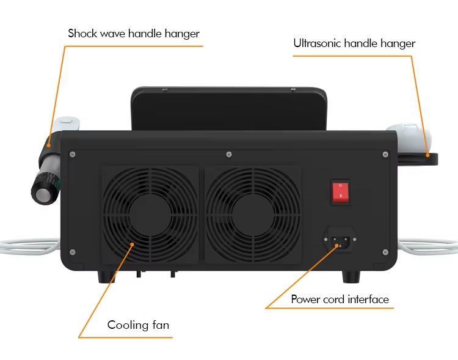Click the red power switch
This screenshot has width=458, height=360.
(340, 192)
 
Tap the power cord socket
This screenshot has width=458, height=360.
(340, 240)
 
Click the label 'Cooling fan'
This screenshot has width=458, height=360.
(138, 325)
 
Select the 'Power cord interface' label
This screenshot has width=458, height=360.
(340, 299)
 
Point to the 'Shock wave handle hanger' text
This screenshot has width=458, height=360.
(134, 34)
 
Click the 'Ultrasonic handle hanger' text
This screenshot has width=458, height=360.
(354, 43)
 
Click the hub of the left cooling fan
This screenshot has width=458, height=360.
(150, 215)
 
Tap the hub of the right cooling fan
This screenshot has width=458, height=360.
(253, 215)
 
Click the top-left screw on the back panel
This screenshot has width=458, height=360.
(73, 155)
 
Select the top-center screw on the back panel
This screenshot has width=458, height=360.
(229, 155)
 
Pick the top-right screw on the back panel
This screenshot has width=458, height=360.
(385, 155)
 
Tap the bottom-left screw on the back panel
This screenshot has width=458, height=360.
(73, 252)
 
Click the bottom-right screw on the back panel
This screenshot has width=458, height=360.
(385, 252)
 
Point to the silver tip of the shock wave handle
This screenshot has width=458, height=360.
(43, 195)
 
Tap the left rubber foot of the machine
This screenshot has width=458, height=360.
(106, 277)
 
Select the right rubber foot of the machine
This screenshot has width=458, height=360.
(351, 277)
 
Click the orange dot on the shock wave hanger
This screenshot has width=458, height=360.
(48, 145)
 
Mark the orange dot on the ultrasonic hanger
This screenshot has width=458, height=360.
(427, 155)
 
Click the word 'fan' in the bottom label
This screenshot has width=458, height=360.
(161, 325)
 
